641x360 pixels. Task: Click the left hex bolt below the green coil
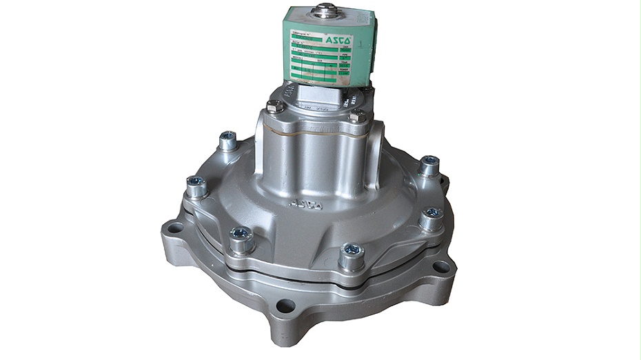point(274,108)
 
